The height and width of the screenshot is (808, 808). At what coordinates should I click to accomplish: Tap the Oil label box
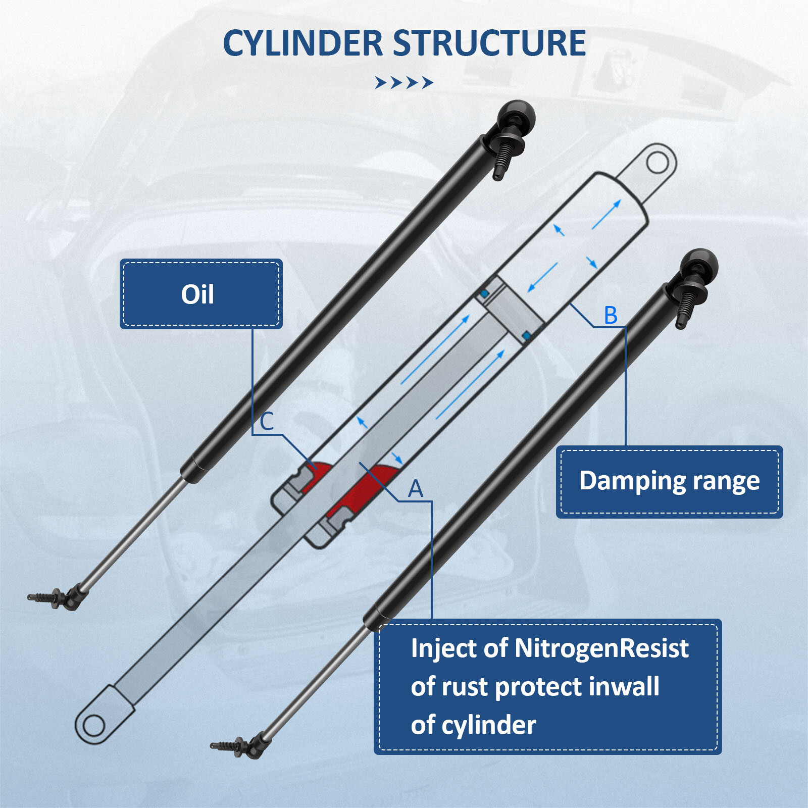click(x=200, y=294)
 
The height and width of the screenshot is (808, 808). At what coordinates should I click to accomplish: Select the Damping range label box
click(x=669, y=481)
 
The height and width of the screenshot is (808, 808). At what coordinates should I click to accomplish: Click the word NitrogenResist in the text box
click(x=601, y=648)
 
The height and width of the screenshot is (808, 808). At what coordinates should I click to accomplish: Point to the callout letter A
click(x=416, y=488)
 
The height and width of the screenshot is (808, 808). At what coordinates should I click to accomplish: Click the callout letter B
click(x=611, y=315)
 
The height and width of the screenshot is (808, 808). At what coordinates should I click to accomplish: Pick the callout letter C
click(x=267, y=421)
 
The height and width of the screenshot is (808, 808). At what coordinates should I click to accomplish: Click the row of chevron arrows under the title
click(x=404, y=82)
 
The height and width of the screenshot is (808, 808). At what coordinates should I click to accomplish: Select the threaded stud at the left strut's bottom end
click(x=43, y=597)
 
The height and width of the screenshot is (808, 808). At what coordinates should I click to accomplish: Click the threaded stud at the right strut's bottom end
click(x=226, y=745)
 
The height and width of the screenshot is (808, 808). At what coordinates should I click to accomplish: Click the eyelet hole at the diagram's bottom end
click(x=93, y=726)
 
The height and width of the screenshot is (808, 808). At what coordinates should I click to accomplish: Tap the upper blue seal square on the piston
click(x=484, y=293)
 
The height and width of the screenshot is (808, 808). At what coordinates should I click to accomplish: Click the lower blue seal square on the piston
click(x=526, y=336)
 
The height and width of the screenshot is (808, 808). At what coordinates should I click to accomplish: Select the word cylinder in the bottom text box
click(x=488, y=725)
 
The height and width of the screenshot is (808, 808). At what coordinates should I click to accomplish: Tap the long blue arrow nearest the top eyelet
click(x=606, y=214)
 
